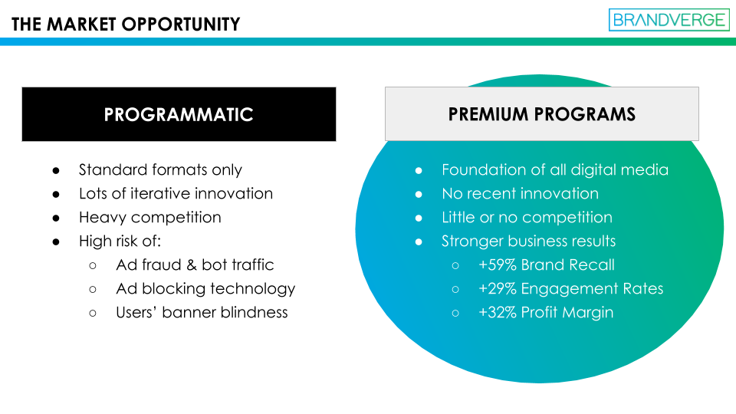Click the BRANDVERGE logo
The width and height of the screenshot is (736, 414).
669,20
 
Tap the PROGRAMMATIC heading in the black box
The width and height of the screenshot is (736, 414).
179,114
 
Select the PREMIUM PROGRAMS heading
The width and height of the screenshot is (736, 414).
542,114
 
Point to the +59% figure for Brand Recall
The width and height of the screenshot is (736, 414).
498,264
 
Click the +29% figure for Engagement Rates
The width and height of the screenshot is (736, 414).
498,289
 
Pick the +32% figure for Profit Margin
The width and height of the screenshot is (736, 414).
498,313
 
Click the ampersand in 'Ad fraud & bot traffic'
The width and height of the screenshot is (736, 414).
192,265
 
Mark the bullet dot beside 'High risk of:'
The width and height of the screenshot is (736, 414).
56,242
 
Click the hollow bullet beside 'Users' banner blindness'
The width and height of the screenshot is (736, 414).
93,314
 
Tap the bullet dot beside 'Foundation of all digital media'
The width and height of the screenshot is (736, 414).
419,171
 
